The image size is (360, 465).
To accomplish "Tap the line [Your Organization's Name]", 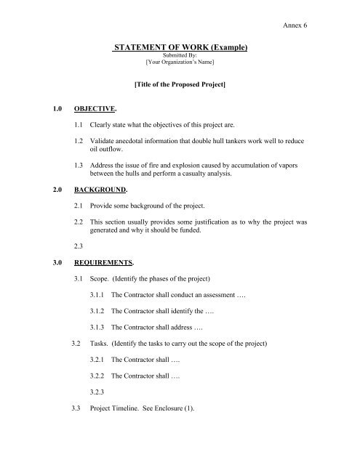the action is pos(182,64).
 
